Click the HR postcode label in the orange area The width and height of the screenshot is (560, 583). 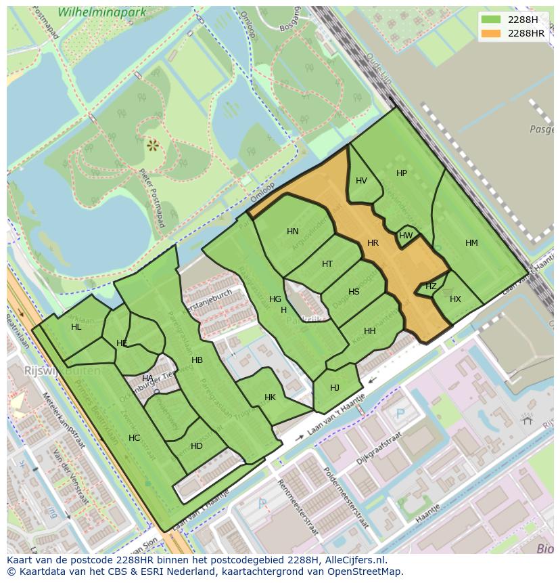(x=373, y=243)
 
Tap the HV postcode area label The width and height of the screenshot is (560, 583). (x=361, y=181)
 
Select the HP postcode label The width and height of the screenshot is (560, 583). (x=402, y=173)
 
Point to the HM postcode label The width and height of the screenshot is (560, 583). (x=471, y=243)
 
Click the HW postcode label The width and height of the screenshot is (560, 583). (x=406, y=236)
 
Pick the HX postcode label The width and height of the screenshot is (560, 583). (x=455, y=299)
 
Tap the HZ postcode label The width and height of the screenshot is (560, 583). (x=431, y=286)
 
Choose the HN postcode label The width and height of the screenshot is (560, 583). (x=292, y=232)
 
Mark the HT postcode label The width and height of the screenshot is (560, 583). (x=327, y=264)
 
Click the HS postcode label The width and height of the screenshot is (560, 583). (x=354, y=292)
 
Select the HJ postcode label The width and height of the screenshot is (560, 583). (x=335, y=388)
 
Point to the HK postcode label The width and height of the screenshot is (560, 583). (x=270, y=397)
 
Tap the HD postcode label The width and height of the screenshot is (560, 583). (x=197, y=446)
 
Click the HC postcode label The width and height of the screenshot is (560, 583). (x=134, y=438)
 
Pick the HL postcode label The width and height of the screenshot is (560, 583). (x=76, y=327)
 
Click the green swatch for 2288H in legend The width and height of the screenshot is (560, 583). (x=491, y=20)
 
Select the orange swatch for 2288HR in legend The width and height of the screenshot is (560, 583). (x=491, y=34)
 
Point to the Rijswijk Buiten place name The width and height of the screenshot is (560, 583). (x=62, y=370)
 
